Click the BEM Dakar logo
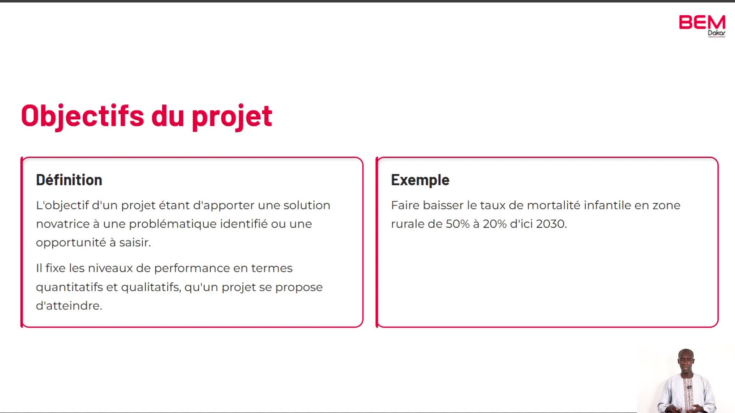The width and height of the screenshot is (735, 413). click(x=702, y=26)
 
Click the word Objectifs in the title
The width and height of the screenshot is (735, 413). click(x=83, y=116)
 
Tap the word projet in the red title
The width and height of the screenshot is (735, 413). click(x=232, y=116)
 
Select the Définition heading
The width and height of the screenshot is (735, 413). click(x=69, y=180)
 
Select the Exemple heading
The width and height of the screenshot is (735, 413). click(x=420, y=180)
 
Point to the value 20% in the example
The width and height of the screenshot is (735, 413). click(x=495, y=224)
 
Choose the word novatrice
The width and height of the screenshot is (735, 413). click(x=63, y=224)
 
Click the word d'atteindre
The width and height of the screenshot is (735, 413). click(x=69, y=306)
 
